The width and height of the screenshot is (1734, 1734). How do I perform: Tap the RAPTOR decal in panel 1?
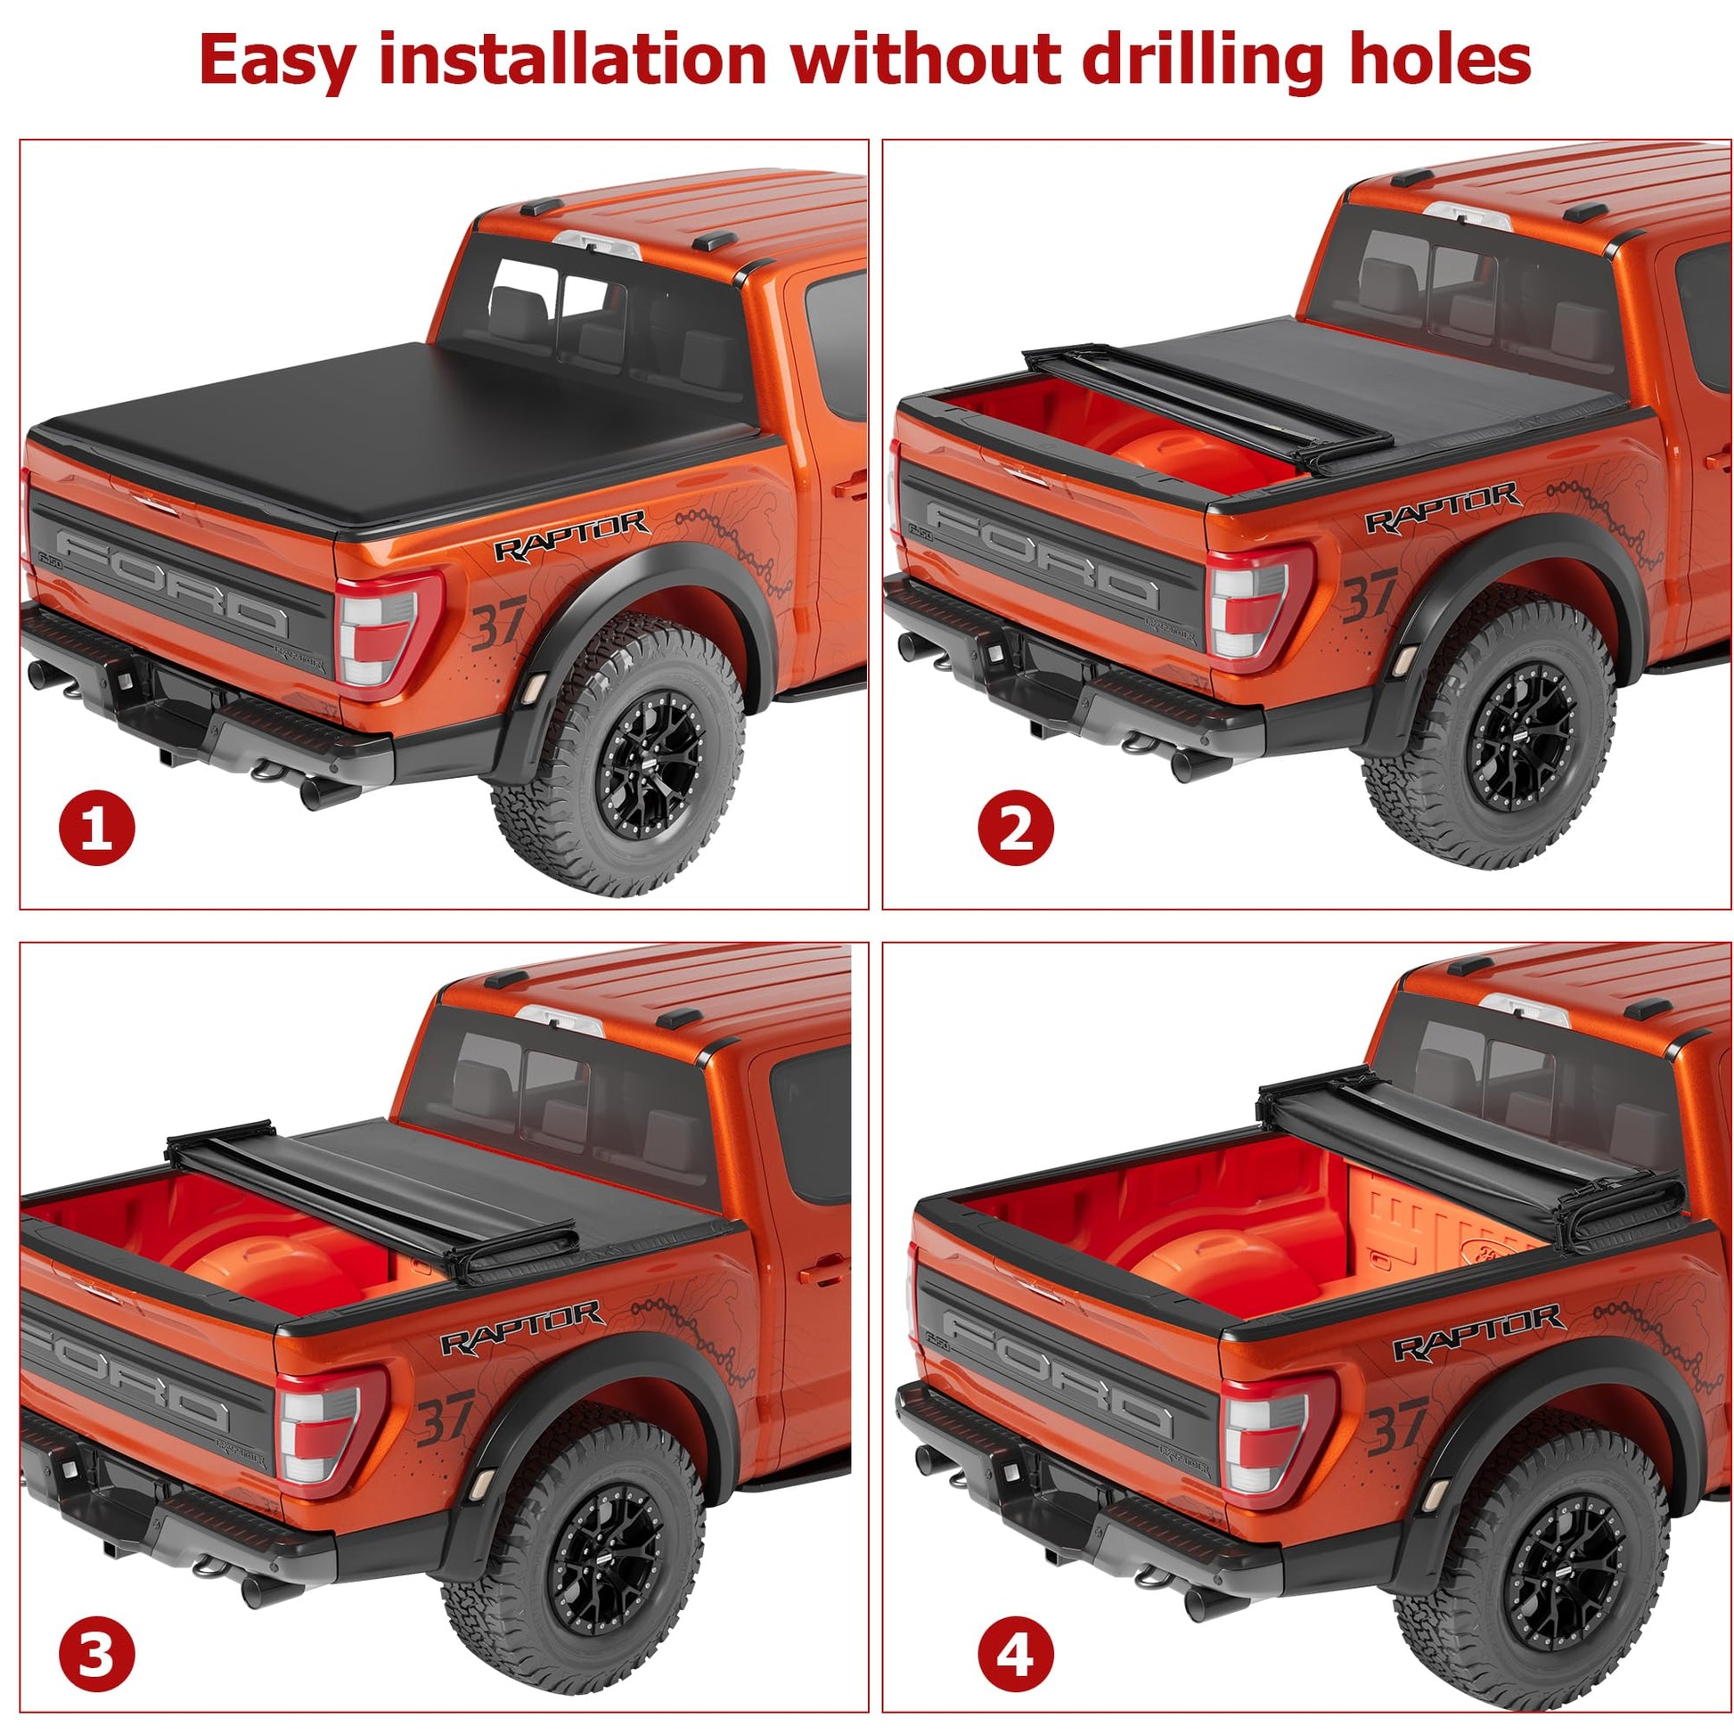click(572, 536)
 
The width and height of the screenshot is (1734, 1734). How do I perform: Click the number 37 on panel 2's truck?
click(1370, 595)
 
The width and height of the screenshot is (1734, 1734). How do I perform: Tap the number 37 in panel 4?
click(1397, 1427)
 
